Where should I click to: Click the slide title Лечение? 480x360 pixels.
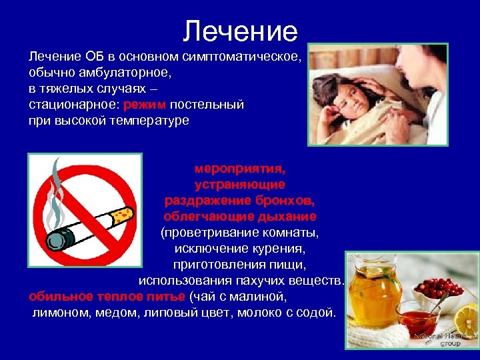pyautogui.click(x=240, y=31)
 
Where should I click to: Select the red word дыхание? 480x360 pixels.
pyautogui.click(x=288, y=217)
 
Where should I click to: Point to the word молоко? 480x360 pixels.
pyautogui.click(x=253, y=313)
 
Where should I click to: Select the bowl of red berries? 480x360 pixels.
pyautogui.click(x=435, y=288)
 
